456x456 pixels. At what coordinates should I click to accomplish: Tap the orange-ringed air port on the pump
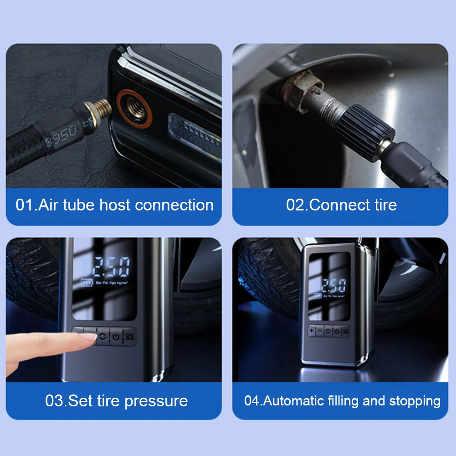coord(133,109)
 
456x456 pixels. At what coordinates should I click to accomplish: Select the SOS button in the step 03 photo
coord(130,337)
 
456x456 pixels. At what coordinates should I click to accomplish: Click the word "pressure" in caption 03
coord(156,401)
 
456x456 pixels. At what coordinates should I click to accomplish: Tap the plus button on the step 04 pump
coord(312,331)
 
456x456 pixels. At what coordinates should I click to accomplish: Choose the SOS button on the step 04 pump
coord(345,331)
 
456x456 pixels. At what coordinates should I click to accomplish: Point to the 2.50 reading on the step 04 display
coord(332,287)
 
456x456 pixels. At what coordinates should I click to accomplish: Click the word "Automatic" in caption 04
coord(294,401)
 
